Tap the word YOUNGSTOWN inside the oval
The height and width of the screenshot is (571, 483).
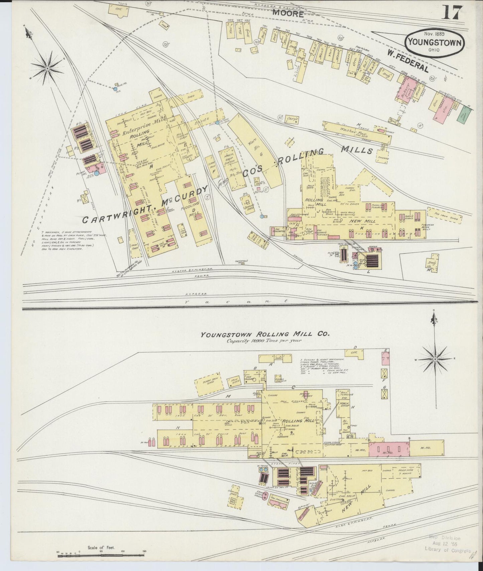434,43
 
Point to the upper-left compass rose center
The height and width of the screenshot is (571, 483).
48,68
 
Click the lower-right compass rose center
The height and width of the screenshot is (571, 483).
435,359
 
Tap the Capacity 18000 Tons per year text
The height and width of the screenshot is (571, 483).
264,341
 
